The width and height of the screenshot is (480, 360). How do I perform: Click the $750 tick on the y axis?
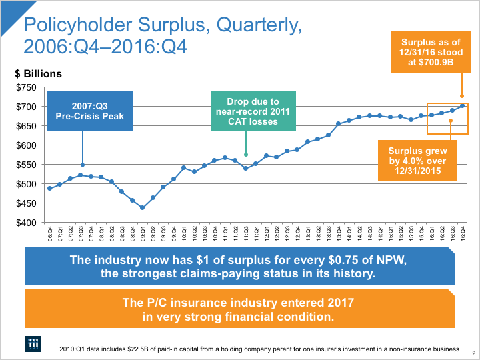click(27, 87)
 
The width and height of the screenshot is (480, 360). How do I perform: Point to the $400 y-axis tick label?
click(27, 223)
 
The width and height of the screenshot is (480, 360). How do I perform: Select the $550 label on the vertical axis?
click(27, 165)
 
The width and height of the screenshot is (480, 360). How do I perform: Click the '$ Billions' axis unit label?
click(39, 74)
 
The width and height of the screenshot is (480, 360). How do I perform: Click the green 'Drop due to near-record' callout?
click(252, 111)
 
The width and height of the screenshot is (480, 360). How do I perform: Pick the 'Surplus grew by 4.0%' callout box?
click(418, 160)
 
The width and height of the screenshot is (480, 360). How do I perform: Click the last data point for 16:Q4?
click(463, 105)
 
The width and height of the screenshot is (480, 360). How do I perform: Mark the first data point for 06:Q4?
click(50, 189)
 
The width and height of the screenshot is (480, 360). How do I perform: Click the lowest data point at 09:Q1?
click(142, 208)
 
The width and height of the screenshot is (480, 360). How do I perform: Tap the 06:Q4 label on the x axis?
click(50, 234)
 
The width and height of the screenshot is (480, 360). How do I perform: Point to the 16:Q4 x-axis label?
click(463, 234)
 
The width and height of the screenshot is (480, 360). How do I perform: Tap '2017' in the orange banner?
click(337, 303)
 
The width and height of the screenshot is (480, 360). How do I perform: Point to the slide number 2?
click(473, 353)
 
